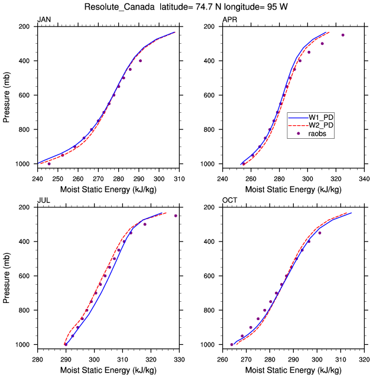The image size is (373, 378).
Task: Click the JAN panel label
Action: (44, 20)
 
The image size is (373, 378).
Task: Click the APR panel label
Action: (229, 20)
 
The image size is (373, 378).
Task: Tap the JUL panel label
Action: (43, 201)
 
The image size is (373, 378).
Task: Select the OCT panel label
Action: (229, 201)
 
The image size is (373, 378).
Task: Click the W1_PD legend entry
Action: (322, 117)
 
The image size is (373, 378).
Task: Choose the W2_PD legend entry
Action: (322, 125)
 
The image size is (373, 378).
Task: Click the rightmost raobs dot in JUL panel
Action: (176, 216)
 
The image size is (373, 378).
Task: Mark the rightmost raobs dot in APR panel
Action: (342, 35)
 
